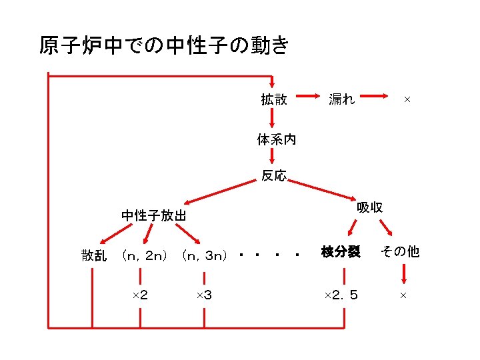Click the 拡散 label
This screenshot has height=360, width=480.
(274, 99)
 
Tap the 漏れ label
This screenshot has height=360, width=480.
(342, 99)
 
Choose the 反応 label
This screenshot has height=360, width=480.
(274, 176)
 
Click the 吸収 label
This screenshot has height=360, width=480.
(369, 207)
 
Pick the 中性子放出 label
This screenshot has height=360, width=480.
(154, 215)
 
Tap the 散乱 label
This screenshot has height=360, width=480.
(94, 255)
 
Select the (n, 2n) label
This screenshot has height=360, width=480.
(145, 255)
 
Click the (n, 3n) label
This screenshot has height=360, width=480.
(205, 255)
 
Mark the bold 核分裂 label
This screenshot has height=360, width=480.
(341, 251)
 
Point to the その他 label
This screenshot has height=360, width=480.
(399, 251)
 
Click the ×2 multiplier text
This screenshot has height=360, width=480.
(140, 295)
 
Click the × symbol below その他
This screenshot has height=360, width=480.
(403, 295)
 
